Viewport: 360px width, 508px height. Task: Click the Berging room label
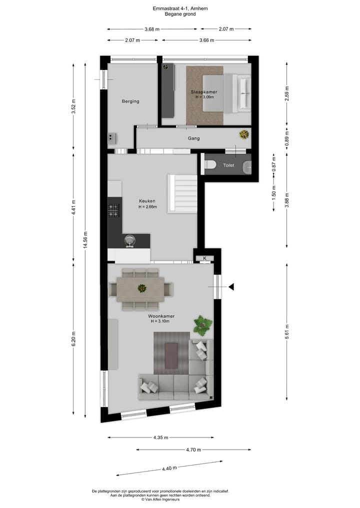pyautogui.click(x=130, y=101)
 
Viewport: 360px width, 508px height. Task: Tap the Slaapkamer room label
pyautogui.click(x=203, y=92)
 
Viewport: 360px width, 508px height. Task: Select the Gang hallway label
pyautogui.click(x=193, y=138)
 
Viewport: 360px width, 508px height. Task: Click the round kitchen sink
pyautogui.click(x=130, y=240)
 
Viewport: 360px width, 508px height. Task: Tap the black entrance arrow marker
pyautogui.click(x=231, y=287)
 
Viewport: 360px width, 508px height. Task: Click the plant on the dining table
pyautogui.click(x=142, y=288)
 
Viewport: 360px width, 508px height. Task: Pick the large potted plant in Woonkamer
pyautogui.click(x=202, y=325)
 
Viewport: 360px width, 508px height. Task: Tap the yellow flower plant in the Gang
pyautogui.click(x=244, y=134)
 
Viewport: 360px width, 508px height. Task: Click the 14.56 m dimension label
pyautogui.click(x=85, y=239)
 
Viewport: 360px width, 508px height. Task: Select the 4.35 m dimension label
pyautogui.click(x=160, y=438)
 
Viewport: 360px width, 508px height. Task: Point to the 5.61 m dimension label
pyautogui.click(x=286, y=331)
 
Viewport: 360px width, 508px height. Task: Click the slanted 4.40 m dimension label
pyautogui.click(x=169, y=469)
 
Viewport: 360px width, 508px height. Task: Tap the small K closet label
pyautogui.click(x=205, y=258)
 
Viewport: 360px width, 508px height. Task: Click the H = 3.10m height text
pyautogui.click(x=161, y=321)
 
